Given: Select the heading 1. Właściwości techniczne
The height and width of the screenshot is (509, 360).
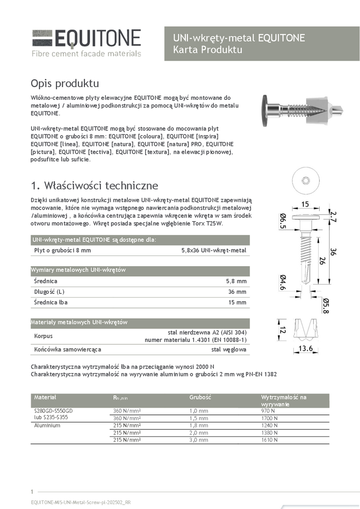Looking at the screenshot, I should tap(94, 185).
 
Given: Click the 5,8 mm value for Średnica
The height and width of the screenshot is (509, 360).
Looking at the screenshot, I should tap(236, 281).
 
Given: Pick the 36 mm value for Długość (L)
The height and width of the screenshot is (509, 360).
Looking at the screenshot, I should tap(237, 292).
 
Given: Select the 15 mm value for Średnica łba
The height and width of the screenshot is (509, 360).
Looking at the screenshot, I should tap(237, 302).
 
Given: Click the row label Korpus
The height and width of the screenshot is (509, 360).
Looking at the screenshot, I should tap(43, 336).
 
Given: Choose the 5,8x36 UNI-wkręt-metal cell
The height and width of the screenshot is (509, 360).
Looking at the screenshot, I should tap(213, 250).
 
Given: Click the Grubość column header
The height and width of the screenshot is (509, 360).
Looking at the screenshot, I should tap(200, 397).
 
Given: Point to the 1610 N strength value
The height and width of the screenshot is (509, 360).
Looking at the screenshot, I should tap(271, 439).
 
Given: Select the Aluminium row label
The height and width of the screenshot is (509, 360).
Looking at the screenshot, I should tap(46, 425).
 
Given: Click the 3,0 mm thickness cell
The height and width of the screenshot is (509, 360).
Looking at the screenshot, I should tap(200, 439).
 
